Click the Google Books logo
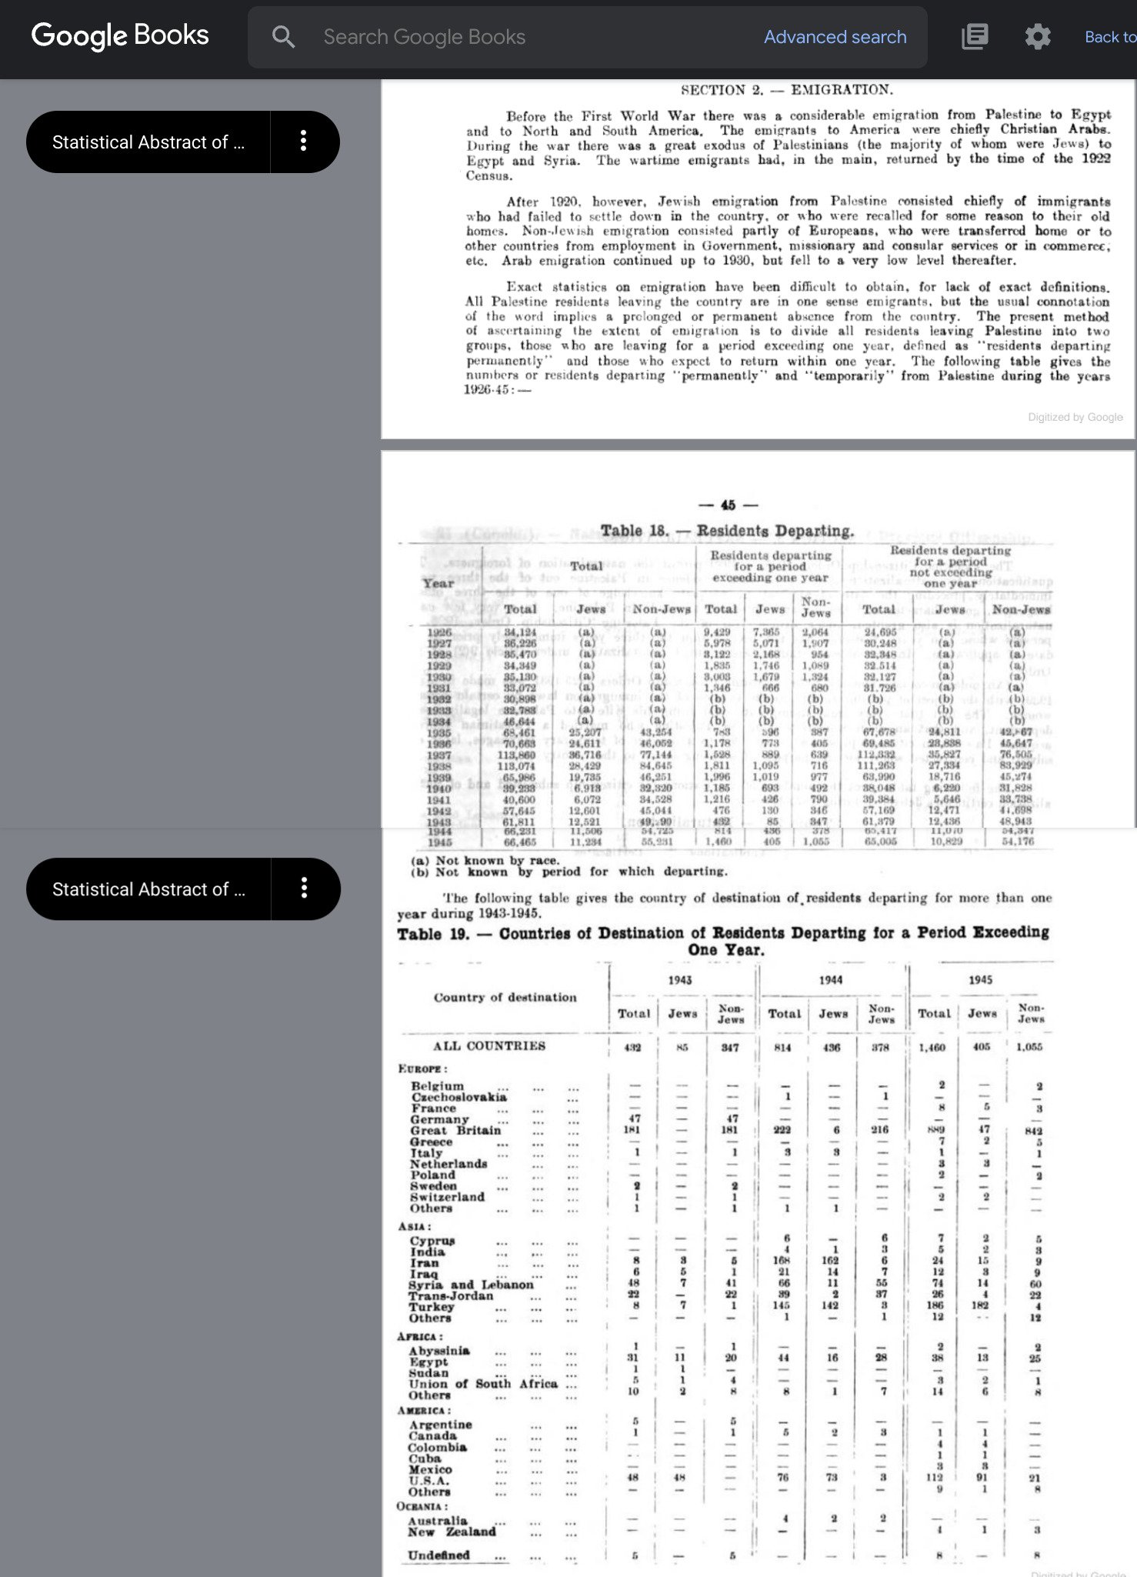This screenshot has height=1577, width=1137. click(120, 35)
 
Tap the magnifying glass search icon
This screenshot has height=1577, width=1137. click(283, 37)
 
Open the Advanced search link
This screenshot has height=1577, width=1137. click(835, 37)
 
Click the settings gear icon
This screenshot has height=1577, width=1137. click(1037, 37)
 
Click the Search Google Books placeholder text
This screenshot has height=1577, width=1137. click(424, 37)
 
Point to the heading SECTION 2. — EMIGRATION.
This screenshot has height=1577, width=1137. click(786, 90)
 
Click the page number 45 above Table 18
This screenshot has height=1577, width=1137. click(728, 505)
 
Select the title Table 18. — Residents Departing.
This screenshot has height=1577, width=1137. click(727, 531)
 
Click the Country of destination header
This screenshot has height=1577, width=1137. click(505, 997)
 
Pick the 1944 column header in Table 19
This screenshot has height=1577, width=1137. click(830, 980)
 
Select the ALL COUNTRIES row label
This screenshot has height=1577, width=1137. click(488, 1046)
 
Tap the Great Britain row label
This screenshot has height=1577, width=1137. click(455, 1130)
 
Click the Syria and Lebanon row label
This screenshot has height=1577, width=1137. click(471, 1285)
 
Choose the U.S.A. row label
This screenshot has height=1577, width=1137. click(428, 1481)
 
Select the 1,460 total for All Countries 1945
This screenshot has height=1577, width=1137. click(932, 1047)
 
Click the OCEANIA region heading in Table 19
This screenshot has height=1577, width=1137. click(422, 1506)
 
